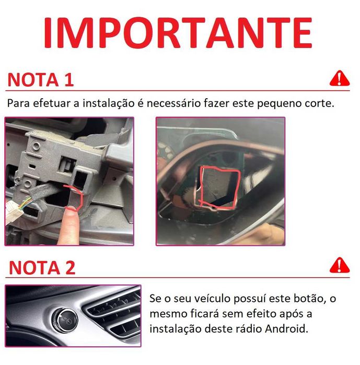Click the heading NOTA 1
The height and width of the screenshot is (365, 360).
click(x=41, y=80)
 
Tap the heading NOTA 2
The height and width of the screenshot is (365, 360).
click(x=42, y=267)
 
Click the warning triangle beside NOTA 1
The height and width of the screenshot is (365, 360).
click(x=340, y=78)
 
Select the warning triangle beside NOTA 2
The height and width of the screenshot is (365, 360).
click(x=340, y=265)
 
